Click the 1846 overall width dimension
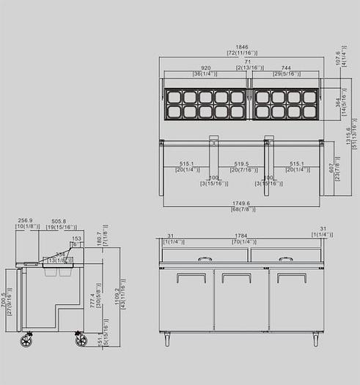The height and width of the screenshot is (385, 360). [x=241, y=46]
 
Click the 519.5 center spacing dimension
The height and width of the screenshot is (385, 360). [x=241, y=164]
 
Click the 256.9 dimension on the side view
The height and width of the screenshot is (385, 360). [x=26, y=221]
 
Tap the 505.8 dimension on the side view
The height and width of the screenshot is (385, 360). [x=59, y=221]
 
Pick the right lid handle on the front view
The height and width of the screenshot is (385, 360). [x=286, y=258]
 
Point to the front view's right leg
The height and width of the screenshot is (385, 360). [x=316, y=339]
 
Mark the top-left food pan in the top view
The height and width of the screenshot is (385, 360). [x=174, y=97]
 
